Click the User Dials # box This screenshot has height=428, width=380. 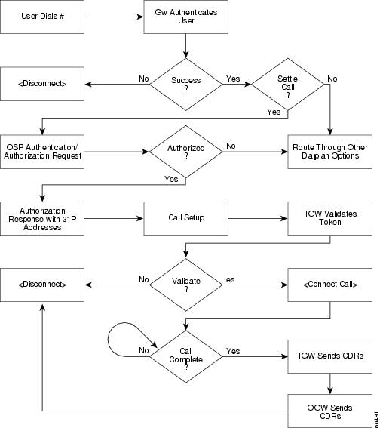[x=42, y=17]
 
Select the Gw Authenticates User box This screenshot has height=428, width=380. [x=186, y=17]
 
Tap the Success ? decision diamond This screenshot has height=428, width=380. [x=186, y=85]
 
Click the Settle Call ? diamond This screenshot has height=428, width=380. [x=288, y=85]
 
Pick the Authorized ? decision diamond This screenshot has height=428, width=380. [x=186, y=152]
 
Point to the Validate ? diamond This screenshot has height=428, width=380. [x=186, y=285]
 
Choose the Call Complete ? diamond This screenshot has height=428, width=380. [x=186, y=356]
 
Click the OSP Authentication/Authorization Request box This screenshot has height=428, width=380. [x=42, y=152]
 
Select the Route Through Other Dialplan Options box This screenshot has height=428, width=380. [x=329, y=152]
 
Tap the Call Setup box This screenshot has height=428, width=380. [x=186, y=218]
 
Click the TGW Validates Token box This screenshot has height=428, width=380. [x=329, y=218]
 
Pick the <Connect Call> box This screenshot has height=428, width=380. [x=329, y=285]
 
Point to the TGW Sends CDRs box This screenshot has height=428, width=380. [x=329, y=356]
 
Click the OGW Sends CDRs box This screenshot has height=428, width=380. [x=329, y=411]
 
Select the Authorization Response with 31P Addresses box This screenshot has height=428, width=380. [x=42, y=218]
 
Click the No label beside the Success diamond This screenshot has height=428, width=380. [x=144, y=79]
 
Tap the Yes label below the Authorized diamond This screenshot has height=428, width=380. [x=171, y=179]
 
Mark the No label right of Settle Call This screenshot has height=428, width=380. [x=332, y=79]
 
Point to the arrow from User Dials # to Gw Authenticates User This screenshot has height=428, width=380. [x=114, y=17]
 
